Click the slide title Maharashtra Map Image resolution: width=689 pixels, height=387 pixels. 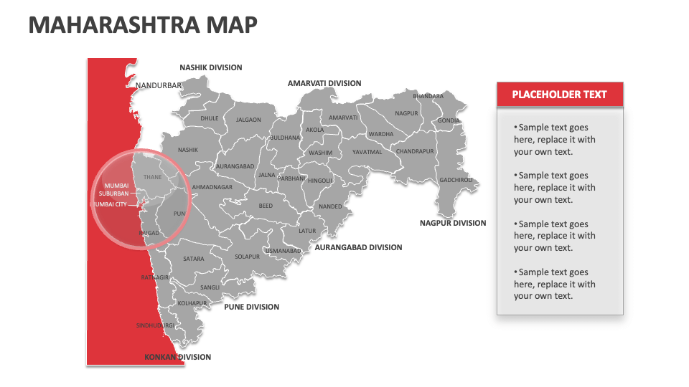[143, 25]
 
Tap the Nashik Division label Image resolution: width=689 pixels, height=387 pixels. [211, 67]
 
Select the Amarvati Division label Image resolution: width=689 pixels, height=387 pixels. [324, 83]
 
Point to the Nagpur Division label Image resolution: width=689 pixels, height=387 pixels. [453, 223]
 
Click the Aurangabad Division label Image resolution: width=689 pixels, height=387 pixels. [358, 247]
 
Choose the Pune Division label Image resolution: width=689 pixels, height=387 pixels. [251, 307]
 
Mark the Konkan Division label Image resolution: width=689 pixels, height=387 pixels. [178, 357]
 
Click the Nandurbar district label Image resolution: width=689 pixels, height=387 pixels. [159, 85]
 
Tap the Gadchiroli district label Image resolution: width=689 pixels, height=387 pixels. [456, 180]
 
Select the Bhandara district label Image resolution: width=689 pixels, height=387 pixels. [428, 96]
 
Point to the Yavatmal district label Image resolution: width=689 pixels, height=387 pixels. [367, 152]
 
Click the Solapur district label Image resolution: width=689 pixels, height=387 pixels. [247, 257]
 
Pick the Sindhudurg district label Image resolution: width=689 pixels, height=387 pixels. [155, 326]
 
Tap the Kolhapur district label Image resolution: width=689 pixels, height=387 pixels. [192, 303]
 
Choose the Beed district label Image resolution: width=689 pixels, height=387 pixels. [266, 206]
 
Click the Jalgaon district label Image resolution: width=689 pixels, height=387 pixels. [248, 120]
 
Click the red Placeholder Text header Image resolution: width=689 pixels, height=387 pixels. [559, 94]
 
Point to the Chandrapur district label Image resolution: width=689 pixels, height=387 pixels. [415, 151]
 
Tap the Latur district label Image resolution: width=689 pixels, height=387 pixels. [307, 231]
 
